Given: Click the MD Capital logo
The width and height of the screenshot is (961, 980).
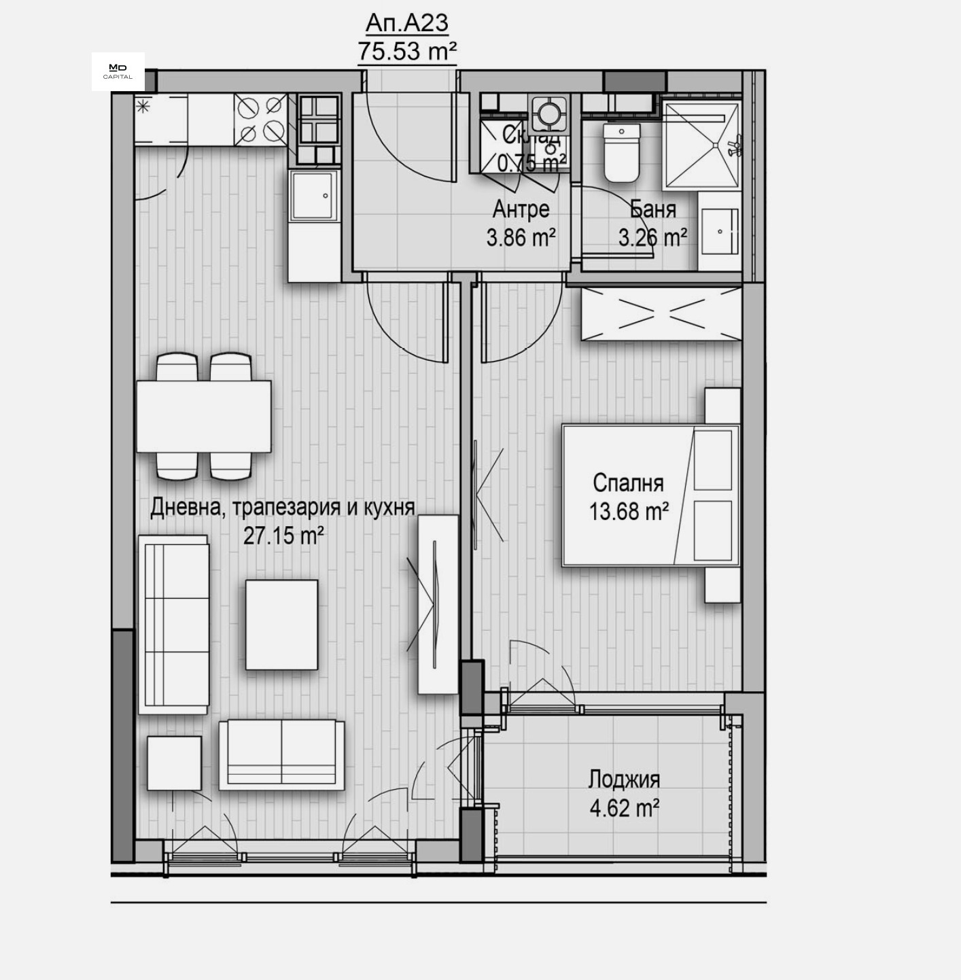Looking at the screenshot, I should tap(118, 71).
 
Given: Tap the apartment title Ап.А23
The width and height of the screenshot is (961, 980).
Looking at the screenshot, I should tap(406, 23).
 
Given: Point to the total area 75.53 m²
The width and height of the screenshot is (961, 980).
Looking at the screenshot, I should tap(406, 51).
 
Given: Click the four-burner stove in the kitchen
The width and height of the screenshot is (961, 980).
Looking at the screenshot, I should tap(260, 119).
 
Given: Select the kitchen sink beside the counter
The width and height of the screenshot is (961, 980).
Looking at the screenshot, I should tap(313, 195).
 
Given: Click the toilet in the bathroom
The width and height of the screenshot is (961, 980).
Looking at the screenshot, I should tap(622, 153).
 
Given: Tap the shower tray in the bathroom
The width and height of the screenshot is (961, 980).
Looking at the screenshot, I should tap(700, 145).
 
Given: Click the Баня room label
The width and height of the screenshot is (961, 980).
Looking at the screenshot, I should tap(652, 209).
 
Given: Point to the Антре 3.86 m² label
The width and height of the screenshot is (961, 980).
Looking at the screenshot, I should tap(521, 223).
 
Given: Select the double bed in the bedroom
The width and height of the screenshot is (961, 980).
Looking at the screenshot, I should tap(650, 495).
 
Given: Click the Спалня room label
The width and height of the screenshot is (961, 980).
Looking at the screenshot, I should tap(628, 483).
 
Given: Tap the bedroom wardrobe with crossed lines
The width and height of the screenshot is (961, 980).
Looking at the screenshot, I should tap(661, 313).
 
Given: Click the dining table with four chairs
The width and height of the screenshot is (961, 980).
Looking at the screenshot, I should tap(204, 416).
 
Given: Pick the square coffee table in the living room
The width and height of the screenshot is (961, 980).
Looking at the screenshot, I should tap(281, 624).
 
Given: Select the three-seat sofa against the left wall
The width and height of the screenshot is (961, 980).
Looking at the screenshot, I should tap(175, 625).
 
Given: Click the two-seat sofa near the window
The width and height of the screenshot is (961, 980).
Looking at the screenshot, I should tap(281, 754).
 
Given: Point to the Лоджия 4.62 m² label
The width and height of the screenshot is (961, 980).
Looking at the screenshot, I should tap(624, 793).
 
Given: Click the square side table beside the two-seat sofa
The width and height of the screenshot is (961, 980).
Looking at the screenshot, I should tap(174, 763).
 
